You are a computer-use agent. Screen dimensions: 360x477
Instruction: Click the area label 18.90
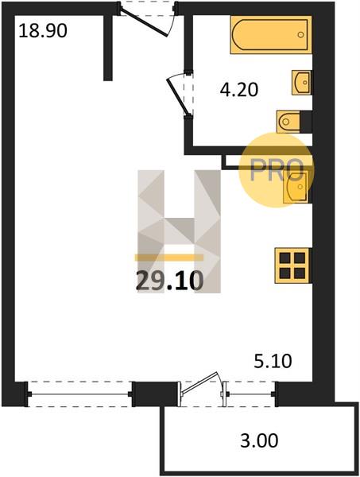tap(43, 31)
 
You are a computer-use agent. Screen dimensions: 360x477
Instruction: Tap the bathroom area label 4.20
tap(239, 90)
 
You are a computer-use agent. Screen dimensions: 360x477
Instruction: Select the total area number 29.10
tap(169, 281)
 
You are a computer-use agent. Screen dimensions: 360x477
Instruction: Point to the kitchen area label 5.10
tap(273, 362)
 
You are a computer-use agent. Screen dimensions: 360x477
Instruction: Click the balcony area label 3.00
tap(259, 440)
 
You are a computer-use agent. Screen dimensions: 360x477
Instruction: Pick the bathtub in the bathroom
tap(271, 35)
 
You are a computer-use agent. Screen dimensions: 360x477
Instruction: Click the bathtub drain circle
tap(300, 35)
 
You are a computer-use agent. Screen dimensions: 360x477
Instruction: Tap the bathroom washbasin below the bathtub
tap(302, 83)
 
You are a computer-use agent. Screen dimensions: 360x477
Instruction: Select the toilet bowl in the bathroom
tap(288, 122)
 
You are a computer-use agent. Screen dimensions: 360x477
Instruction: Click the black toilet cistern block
tap(306, 122)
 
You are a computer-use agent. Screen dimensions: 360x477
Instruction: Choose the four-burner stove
tap(292, 266)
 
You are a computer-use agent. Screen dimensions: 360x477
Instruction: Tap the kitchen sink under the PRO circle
tap(296, 186)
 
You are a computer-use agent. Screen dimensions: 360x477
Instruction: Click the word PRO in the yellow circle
tap(277, 170)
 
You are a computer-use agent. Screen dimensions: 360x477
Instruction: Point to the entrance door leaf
tap(145, 22)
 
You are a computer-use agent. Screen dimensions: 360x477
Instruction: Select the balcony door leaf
tap(199, 383)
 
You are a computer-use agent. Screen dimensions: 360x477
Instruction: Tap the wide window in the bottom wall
tap(80, 394)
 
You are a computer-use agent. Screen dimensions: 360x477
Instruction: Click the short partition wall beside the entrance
tap(108, 48)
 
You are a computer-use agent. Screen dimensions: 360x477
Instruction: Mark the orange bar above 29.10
tap(169, 258)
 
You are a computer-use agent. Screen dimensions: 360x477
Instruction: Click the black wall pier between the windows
tap(155, 394)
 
